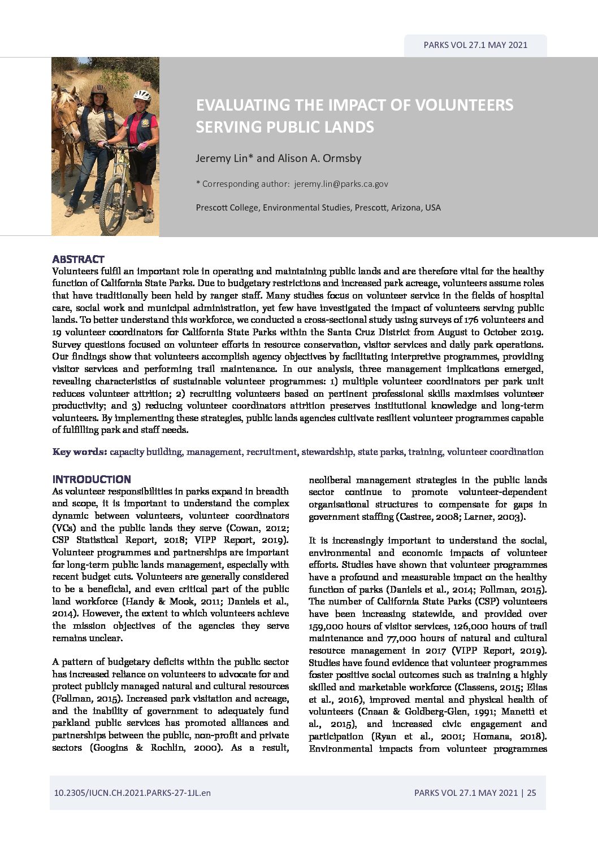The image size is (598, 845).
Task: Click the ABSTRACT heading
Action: click(78, 259)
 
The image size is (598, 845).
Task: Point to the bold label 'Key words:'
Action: click(80, 452)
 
